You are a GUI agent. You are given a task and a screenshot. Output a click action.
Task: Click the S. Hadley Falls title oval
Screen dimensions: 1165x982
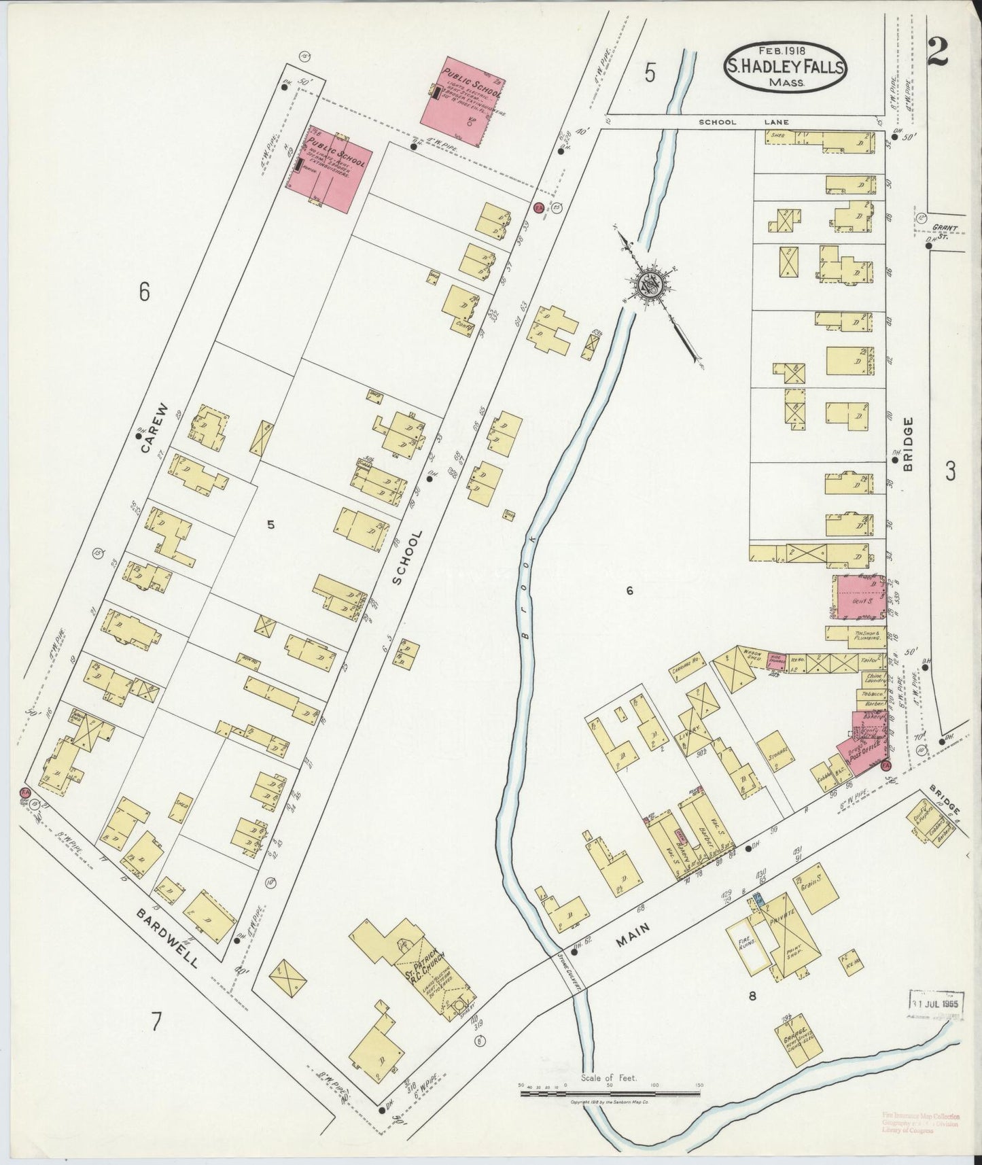786,67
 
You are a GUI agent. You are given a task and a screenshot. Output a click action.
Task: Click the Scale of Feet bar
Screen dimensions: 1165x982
610,1094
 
